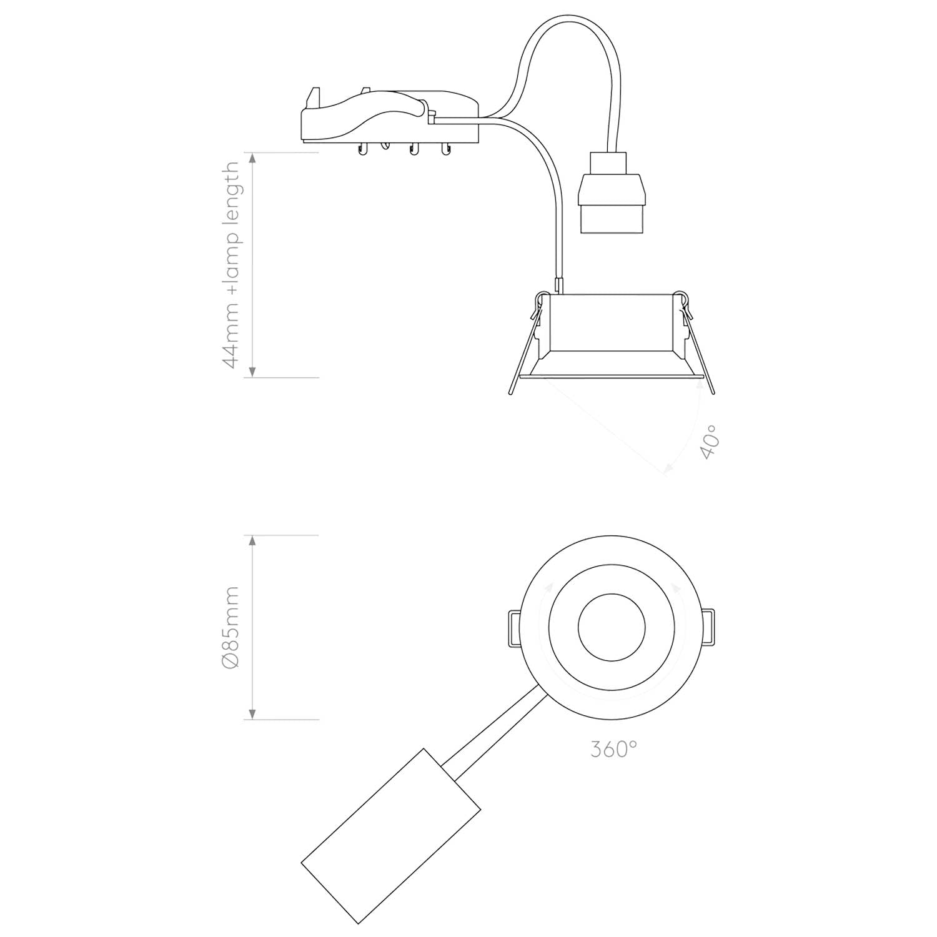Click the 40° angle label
710,442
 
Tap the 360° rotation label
613,748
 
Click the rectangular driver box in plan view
390,835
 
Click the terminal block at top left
390,119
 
